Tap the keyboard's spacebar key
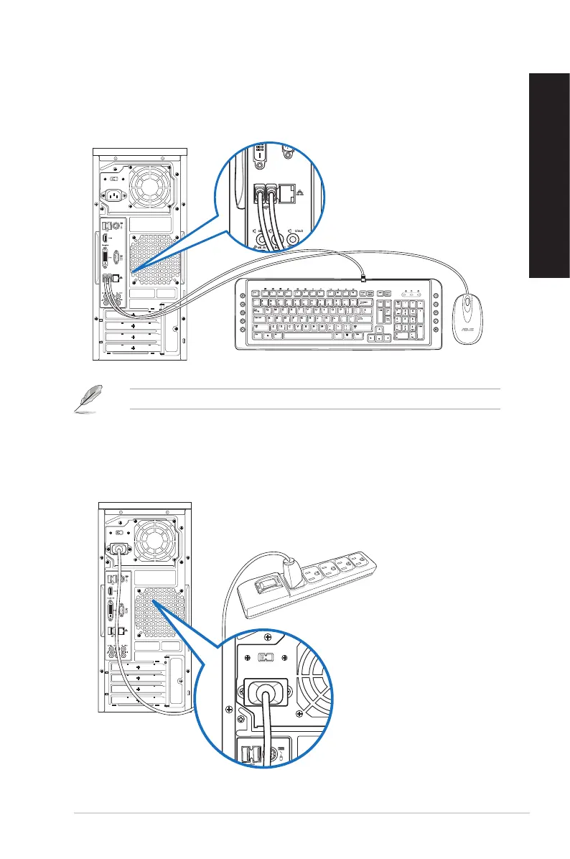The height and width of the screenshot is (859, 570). [309, 335]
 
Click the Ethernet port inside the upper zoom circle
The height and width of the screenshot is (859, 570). [291, 193]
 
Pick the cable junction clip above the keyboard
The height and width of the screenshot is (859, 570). [363, 277]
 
